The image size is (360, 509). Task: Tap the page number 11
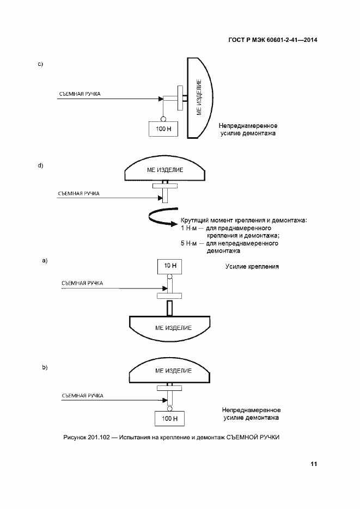[x=313, y=464]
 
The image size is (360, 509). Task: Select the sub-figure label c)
[x=40, y=65]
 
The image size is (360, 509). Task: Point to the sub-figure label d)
[x=40, y=165]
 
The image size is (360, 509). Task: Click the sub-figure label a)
[x=45, y=261]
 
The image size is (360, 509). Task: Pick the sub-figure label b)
[x=45, y=367]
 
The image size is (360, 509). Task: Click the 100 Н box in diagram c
[x=163, y=128]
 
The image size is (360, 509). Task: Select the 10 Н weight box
[x=170, y=266]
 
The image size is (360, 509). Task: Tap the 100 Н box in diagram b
[x=170, y=419]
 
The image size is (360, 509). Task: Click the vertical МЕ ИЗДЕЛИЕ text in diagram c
[x=198, y=97]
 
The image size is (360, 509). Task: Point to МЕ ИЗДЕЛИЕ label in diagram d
[x=165, y=170]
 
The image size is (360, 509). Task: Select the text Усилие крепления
[x=252, y=267]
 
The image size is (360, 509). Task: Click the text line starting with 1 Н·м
[x=226, y=228]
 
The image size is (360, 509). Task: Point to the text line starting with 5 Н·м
[x=229, y=243]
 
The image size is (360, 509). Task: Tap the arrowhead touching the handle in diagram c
[x=161, y=99]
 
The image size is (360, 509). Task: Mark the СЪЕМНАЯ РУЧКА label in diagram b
[x=83, y=396]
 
